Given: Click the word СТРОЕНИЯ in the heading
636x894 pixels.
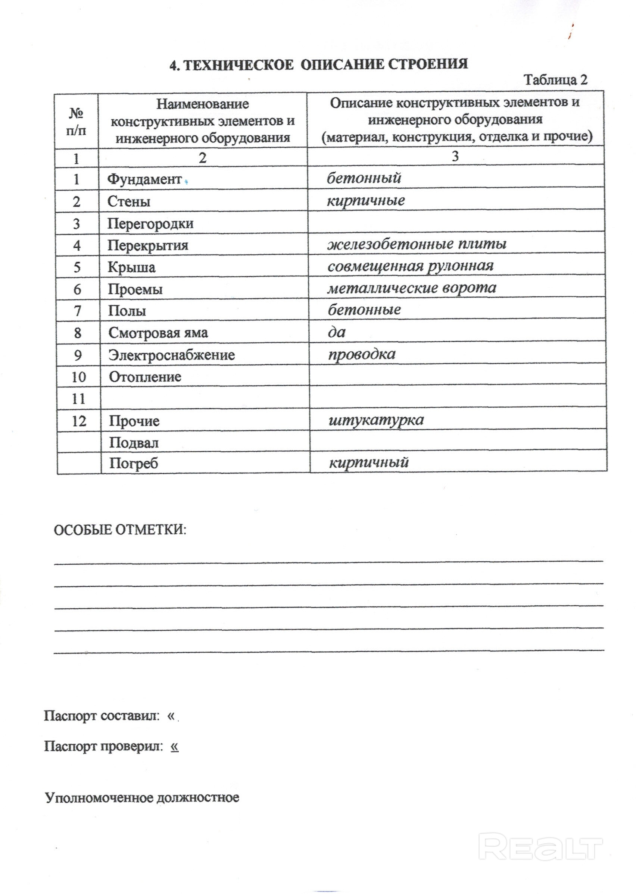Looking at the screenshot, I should [428, 64].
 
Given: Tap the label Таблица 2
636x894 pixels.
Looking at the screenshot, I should [556, 80].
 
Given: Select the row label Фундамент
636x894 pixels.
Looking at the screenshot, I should [144, 179].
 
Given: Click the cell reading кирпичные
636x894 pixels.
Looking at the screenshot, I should [366, 201].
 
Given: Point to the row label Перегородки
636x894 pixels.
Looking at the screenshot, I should [150, 224].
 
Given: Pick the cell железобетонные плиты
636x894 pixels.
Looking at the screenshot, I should [417, 244].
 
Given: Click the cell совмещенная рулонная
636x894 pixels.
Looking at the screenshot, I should [411, 266].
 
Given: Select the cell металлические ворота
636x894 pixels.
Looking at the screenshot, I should [412, 288].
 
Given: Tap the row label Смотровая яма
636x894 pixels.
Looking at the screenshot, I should [158, 333].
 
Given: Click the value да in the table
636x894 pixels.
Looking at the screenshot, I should [337, 332].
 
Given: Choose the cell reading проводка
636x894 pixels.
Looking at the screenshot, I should [361, 354].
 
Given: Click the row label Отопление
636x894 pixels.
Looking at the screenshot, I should [145, 377].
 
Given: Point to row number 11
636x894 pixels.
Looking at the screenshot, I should [79, 399].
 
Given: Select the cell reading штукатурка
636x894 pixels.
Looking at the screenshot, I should [376, 420].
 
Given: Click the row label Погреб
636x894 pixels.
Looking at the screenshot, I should [133, 464].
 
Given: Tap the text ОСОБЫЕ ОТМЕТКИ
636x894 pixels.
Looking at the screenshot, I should [120, 530].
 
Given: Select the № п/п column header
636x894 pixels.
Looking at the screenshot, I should [77, 122].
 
